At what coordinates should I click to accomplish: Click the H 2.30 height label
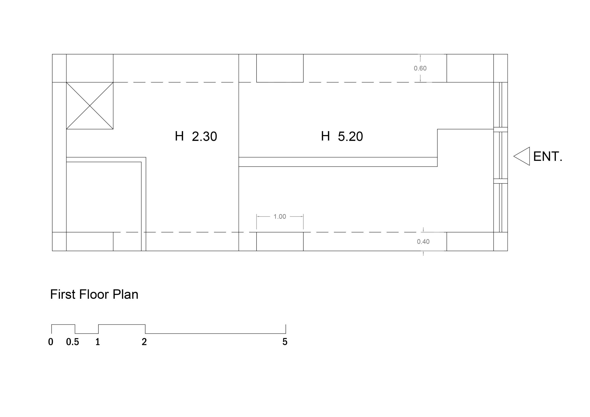196,136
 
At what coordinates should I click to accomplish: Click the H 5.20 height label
342,136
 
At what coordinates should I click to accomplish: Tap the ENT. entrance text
548,156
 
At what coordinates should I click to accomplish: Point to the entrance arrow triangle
522,156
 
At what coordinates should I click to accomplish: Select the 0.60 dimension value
420,68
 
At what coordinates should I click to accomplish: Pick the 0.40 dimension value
423,241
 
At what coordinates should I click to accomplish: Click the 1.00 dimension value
280,217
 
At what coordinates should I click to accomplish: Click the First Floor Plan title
94,294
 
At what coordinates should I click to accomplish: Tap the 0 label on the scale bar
51,342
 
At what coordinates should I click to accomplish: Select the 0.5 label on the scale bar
72,342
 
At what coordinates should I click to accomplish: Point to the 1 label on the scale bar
98,342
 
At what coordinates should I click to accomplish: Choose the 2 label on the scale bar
144,342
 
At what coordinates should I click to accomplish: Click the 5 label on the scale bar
285,342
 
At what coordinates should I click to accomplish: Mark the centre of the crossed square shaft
90,106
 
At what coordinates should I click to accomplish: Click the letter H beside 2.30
179,136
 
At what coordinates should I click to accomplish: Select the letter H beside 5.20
325,136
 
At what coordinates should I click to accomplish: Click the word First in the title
63,294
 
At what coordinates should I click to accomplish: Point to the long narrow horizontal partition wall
338,162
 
